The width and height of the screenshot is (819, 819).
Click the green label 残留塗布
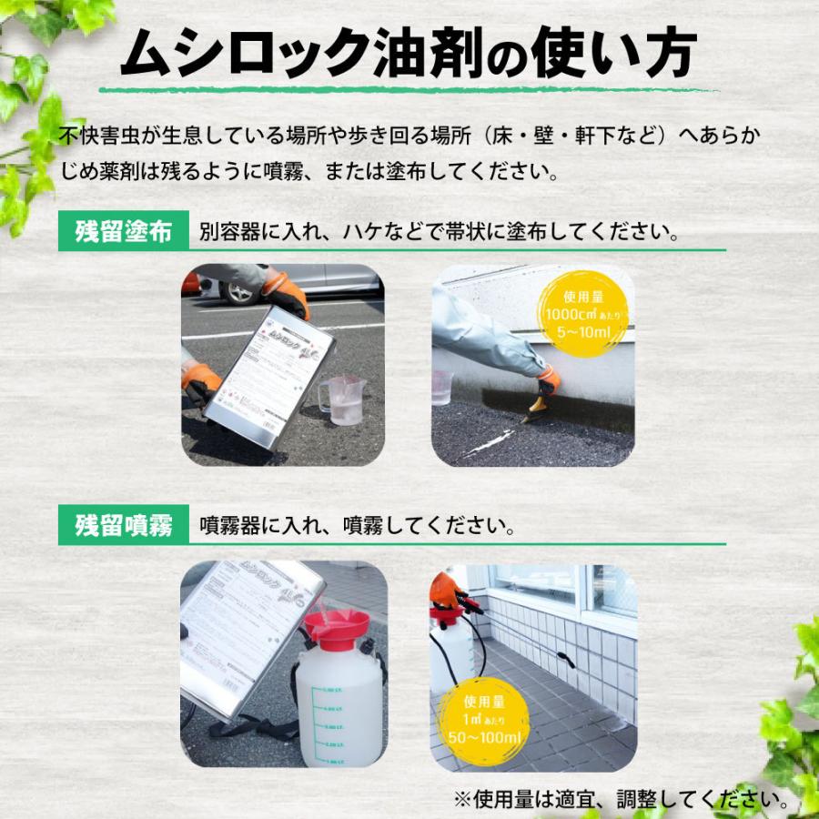[123, 231]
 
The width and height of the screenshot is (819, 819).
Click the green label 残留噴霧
[123, 525]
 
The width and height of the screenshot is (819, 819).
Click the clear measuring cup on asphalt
[341, 399]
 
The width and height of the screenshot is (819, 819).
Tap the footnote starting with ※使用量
[622, 800]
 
